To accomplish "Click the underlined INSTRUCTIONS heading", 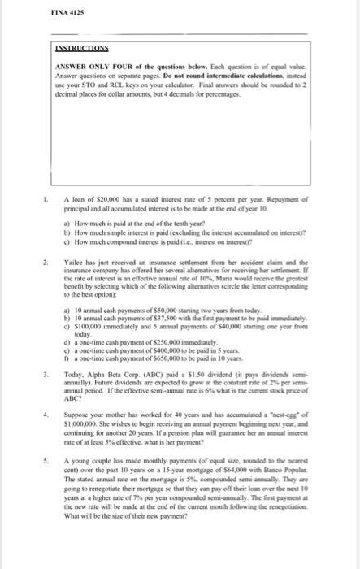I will tap(85, 47).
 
